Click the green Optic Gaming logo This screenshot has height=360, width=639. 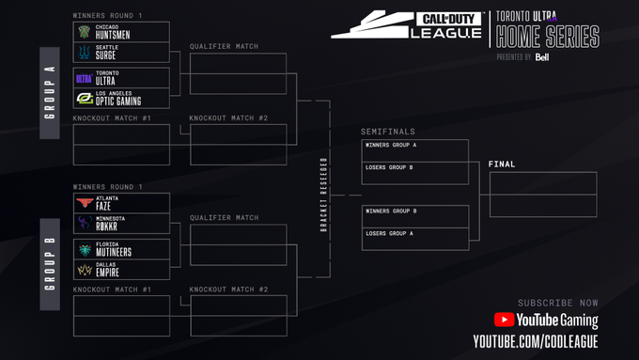pyautogui.click(x=84, y=98)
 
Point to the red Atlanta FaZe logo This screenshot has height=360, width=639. pyautogui.click(x=84, y=202)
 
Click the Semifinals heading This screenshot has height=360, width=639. pyautogui.click(x=387, y=132)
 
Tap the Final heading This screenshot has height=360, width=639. pyautogui.click(x=502, y=164)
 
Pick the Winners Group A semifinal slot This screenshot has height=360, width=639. pyautogui.click(x=414, y=150)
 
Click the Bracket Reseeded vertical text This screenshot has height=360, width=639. pyautogui.click(x=324, y=195)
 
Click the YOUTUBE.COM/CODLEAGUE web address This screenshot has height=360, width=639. pyautogui.click(x=535, y=340)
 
